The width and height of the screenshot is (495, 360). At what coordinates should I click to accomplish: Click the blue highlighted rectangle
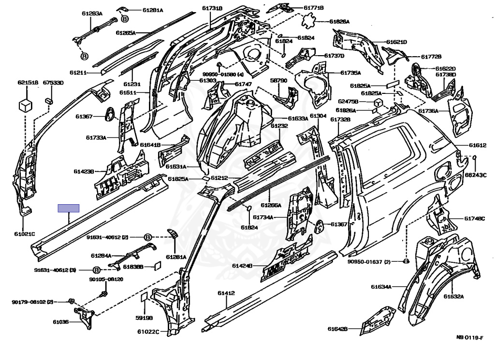click(x=69, y=209)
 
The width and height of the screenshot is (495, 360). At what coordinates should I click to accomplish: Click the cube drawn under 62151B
click(x=26, y=105)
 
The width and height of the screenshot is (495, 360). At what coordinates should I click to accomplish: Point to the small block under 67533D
click(x=49, y=100)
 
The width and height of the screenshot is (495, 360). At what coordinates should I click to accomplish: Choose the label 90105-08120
click(x=106, y=279)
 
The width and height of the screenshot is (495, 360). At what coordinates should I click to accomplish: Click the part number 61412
click(x=226, y=293)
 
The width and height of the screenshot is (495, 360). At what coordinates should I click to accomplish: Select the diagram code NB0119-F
click(x=471, y=337)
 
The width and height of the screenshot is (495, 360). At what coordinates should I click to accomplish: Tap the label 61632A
click(x=454, y=296)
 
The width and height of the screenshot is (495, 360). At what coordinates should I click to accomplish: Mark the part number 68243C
click(x=476, y=175)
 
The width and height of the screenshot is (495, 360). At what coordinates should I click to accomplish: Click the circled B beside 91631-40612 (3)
click(x=96, y=270)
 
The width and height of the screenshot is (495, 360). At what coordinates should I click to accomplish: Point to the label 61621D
click(x=397, y=42)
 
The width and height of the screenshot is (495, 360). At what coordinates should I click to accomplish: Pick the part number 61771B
click(x=314, y=8)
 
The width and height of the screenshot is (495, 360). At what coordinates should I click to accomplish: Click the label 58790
click(x=278, y=80)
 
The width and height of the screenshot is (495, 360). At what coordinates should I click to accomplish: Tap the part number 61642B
click(x=337, y=329)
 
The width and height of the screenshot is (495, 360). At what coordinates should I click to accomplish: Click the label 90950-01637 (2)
click(x=368, y=262)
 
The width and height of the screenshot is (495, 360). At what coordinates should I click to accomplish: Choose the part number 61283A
click(x=92, y=14)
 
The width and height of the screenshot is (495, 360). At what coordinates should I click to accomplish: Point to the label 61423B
click(x=84, y=171)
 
